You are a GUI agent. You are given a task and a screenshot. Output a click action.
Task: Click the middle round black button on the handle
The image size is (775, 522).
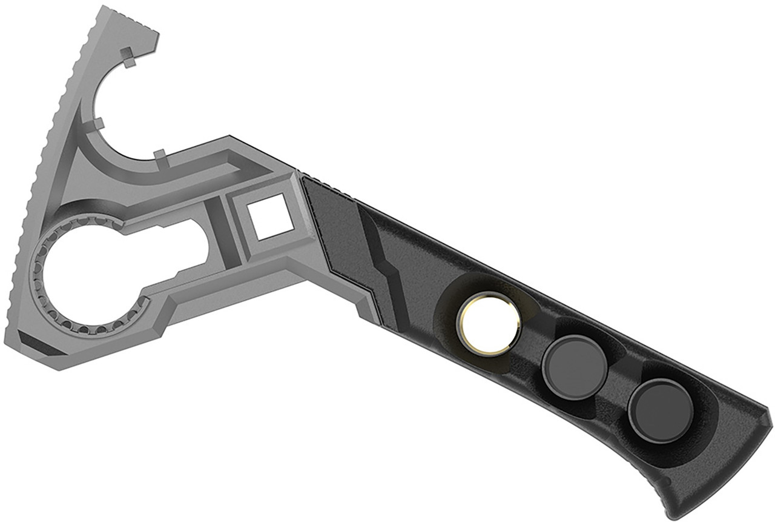575,367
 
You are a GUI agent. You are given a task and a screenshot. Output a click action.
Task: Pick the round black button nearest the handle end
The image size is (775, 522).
661,410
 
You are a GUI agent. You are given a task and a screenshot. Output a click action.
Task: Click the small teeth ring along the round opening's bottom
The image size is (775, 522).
91,327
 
